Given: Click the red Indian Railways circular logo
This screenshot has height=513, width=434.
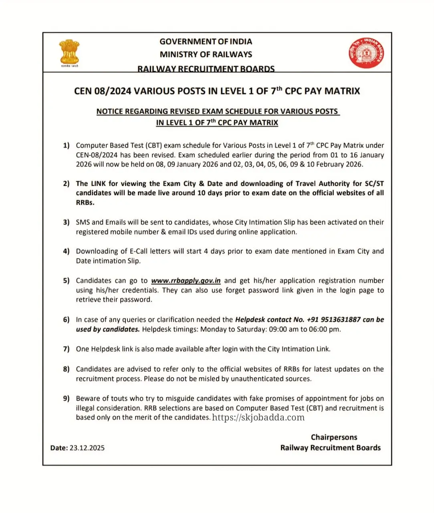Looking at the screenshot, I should pos(366,53).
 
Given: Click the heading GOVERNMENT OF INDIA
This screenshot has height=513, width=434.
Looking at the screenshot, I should pos(206,42).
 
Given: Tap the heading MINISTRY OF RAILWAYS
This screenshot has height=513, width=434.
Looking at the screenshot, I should pos(206,55).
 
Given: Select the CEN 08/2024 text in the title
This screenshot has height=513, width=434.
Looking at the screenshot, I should pos(103,91).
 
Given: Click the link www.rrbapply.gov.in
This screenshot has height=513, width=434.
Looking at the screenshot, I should pos(186,281).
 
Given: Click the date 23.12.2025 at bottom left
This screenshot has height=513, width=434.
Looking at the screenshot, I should pos(87,448).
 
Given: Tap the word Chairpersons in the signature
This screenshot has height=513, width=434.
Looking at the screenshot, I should pos(334,437).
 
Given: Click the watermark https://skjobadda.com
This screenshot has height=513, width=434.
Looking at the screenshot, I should pos(258,418).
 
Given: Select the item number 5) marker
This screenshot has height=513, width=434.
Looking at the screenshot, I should pos(66,281).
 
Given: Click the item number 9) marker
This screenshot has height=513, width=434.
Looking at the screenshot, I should pos(66,398).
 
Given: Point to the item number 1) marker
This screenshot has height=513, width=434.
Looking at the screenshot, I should pos(66,145).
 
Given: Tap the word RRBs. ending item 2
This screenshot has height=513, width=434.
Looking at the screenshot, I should pos(85,203).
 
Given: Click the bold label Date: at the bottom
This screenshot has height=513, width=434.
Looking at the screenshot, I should pos(59,448).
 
